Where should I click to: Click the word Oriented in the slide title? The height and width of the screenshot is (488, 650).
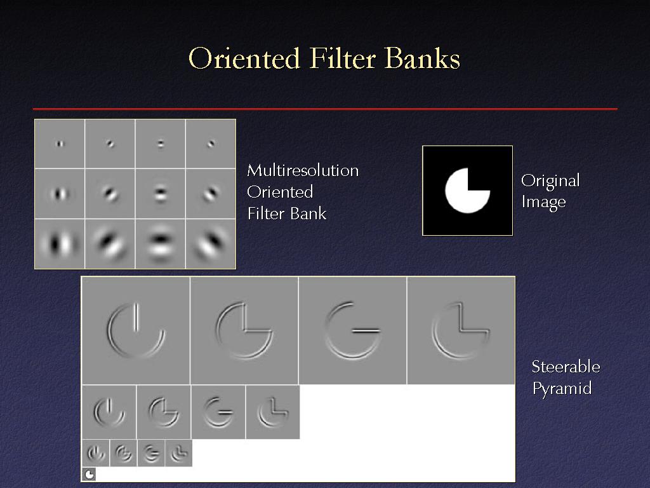click(244, 58)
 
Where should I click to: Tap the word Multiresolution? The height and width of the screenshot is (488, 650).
click(303, 170)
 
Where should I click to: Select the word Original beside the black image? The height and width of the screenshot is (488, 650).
click(550, 181)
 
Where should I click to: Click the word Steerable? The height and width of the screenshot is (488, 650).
click(566, 367)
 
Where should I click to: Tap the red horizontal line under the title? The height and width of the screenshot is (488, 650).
click(325, 109)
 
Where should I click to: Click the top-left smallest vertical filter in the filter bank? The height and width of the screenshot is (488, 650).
click(60, 144)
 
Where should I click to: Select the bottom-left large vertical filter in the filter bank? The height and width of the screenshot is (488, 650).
click(60, 244)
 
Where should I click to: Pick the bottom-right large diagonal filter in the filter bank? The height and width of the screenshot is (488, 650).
click(211, 244)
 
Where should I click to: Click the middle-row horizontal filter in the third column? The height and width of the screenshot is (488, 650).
click(160, 194)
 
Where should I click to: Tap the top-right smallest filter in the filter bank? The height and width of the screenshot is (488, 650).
click(211, 144)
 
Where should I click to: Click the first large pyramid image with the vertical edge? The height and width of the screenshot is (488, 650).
click(136, 330)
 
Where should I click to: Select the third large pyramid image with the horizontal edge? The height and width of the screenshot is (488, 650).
click(352, 330)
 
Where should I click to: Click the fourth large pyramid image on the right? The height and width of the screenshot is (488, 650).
click(461, 330)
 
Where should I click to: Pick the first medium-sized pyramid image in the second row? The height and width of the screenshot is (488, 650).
click(109, 412)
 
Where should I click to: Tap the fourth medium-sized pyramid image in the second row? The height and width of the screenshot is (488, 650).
click(273, 412)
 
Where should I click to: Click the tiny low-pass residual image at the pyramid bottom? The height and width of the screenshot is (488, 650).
click(89, 474)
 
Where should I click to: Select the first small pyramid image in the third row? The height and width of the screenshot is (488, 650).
click(96, 453)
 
